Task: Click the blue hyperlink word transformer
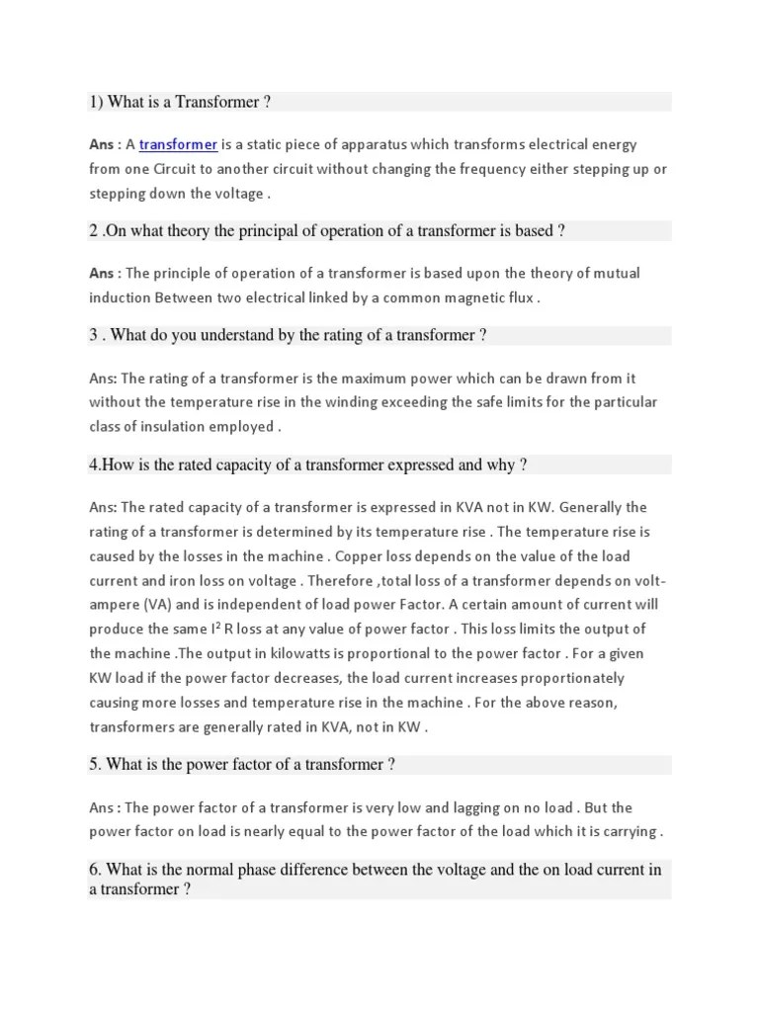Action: click(x=178, y=145)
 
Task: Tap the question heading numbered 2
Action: click(x=326, y=231)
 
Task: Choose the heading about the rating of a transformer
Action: click(x=288, y=335)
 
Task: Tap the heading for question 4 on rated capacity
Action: click(x=308, y=464)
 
